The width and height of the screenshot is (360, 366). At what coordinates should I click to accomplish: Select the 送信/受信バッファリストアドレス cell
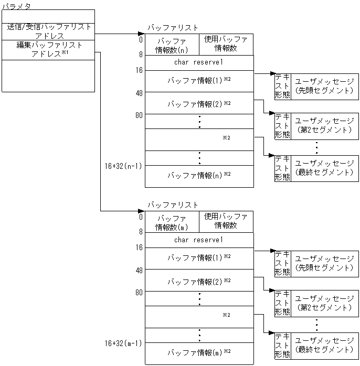click(x=49, y=31)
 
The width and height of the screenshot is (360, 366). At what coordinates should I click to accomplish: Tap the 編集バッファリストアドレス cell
click(x=49, y=50)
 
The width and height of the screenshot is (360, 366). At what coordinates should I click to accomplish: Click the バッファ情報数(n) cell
click(x=172, y=45)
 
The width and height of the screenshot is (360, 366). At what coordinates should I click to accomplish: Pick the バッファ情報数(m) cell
click(x=172, y=222)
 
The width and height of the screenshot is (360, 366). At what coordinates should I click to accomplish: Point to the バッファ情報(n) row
click(x=199, y=175)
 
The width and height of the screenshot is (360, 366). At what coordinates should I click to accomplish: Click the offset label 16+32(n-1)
click(x=124, y=166)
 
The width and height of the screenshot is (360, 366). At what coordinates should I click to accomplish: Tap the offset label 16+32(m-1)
click(x=124, y=343)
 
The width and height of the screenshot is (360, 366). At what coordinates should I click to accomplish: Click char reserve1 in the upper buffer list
click(x=199, y=62)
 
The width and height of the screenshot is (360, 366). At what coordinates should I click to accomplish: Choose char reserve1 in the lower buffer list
click(x=199, y=240)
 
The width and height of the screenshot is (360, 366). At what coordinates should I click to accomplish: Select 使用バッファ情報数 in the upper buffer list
click(x=226, y=44)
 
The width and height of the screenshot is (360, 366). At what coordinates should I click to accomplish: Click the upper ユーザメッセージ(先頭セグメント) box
click(x=324, y=86)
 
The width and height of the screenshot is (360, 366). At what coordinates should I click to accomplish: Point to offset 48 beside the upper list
click(x=139, y=93)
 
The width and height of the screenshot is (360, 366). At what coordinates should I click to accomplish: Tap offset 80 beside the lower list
click(x=139, y=292)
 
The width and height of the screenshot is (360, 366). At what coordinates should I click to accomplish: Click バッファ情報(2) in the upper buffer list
click(x=199, y=104)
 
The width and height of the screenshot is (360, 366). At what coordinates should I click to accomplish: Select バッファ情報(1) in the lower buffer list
click(x=199, y=259)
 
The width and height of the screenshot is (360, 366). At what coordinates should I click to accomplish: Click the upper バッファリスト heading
click(x=173, y=27)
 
